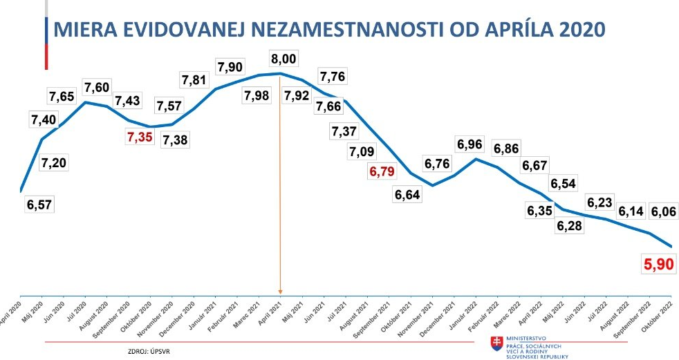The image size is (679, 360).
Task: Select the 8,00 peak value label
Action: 284,59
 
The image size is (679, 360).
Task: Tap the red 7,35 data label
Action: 142,137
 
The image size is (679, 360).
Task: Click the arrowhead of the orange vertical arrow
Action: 279,291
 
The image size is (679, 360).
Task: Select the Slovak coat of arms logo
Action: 496,343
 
